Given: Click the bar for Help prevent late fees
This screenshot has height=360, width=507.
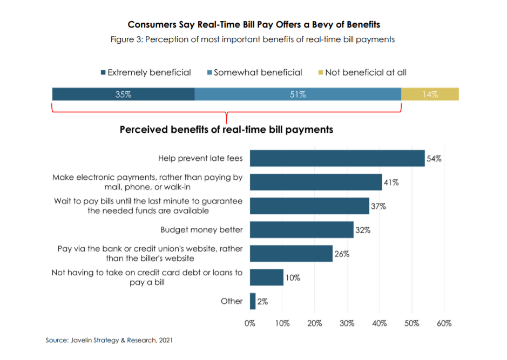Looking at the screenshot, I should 337,159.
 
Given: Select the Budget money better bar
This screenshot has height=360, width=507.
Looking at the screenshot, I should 301,230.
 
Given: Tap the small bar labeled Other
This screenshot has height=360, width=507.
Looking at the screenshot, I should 253,301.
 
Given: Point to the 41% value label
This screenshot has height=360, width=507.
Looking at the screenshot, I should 391,182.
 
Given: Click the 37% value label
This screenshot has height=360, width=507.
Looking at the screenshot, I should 378,206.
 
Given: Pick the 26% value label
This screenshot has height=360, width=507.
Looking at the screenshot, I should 342,254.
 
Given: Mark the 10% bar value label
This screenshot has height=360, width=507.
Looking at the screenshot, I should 293,277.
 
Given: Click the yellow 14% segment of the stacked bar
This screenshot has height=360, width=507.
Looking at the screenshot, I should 430,94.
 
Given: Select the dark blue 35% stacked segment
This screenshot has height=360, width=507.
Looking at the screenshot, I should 123,94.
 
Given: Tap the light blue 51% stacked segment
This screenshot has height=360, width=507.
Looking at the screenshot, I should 298,94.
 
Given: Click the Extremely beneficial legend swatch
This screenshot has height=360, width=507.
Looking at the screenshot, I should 103,72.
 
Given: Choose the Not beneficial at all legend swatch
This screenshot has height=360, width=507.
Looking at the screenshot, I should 320,72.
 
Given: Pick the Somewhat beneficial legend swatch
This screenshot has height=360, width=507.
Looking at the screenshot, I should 209,72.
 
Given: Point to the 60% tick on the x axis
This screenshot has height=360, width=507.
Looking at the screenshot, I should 444,323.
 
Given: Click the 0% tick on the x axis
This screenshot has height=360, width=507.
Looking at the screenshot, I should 250,323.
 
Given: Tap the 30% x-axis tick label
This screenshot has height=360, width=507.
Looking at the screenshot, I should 347,323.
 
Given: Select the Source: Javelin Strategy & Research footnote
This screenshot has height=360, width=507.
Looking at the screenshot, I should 109,340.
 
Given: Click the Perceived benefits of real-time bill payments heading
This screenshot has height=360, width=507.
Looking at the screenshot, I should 226,130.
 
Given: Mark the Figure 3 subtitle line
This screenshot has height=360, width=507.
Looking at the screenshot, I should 254,39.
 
